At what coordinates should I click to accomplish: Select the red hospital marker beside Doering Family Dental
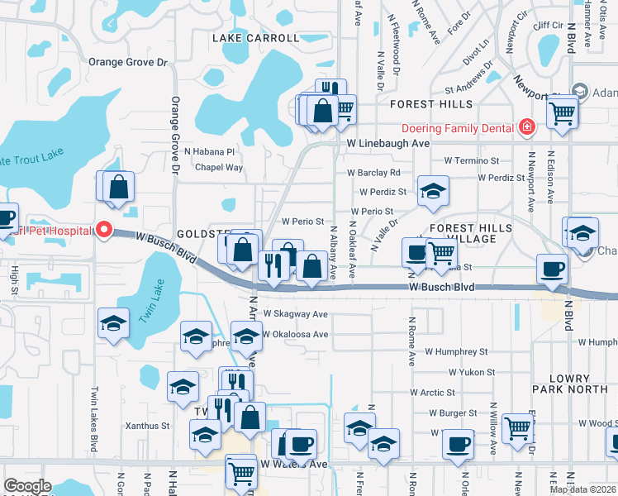click(x=526, y=127)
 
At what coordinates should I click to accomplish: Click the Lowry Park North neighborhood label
click(x=569, y=384)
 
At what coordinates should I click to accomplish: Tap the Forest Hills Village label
click(x=463, y=232)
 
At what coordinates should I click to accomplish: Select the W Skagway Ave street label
click(x=295, y=314)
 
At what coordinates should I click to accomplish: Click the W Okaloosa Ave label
click(x=295, y=335)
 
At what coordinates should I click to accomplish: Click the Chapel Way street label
click(x=219, y=167)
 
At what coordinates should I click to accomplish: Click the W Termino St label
click(x=471, y=160)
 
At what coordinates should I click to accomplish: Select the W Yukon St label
click(x=471, y=373)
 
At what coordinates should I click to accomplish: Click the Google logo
click(x=27, y=486)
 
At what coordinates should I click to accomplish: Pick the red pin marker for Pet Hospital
click(x=103, y=230)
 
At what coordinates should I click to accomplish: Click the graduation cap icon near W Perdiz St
click(x=432, y=192)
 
